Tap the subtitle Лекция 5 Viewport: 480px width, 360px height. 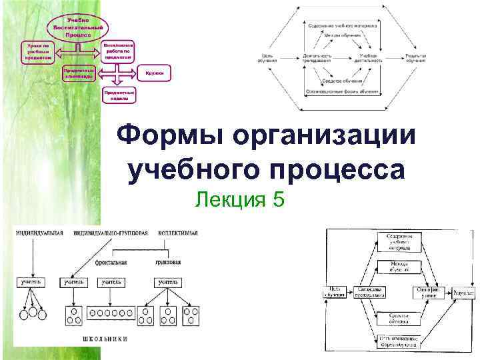(240, 199)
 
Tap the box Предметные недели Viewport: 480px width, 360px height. (119, 94)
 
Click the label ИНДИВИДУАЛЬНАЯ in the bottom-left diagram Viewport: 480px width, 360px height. (39, 233)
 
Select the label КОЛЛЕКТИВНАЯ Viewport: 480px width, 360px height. (178, 233)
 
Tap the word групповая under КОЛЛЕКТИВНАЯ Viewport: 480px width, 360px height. (169, 263)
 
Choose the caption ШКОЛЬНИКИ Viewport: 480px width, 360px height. (105, 339)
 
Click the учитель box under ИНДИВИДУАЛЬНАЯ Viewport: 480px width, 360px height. (31, 282)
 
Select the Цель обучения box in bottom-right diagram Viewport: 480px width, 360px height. (334, 292)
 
